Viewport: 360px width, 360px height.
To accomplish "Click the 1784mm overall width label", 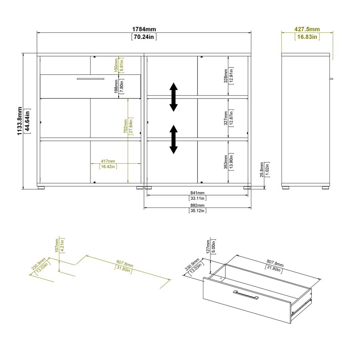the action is (144, 29).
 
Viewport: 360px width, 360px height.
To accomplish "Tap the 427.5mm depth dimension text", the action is (307, 29).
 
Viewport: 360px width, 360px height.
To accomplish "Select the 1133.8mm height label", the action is (20, 121).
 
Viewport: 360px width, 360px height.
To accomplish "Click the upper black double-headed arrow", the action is (174, 97).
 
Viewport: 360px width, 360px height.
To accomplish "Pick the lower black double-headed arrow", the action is (174, 139).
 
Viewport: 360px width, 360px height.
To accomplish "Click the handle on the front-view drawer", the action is (90, 79).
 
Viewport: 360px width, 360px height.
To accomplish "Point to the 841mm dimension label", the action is (197, 193).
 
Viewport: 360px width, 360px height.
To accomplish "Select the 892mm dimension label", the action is (197, 205).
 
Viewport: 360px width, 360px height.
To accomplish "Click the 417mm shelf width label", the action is (108, 161).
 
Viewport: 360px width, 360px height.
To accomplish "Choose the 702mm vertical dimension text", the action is (125, 126).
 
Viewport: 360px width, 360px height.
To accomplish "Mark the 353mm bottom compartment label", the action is (226, 162).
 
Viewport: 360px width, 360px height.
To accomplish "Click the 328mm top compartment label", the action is (226, 76).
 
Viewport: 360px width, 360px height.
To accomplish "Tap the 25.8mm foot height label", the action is (262, 170).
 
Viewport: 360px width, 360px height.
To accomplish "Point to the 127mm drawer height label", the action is (208, 247).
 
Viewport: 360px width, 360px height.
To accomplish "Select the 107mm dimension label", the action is (57, 246).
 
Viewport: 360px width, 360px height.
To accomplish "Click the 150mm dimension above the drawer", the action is (116, 65).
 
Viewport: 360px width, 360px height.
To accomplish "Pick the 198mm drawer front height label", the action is (116, 86).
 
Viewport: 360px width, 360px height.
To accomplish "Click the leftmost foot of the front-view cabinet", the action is (41, 188).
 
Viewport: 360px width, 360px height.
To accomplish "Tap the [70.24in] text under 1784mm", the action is (144, 37).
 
